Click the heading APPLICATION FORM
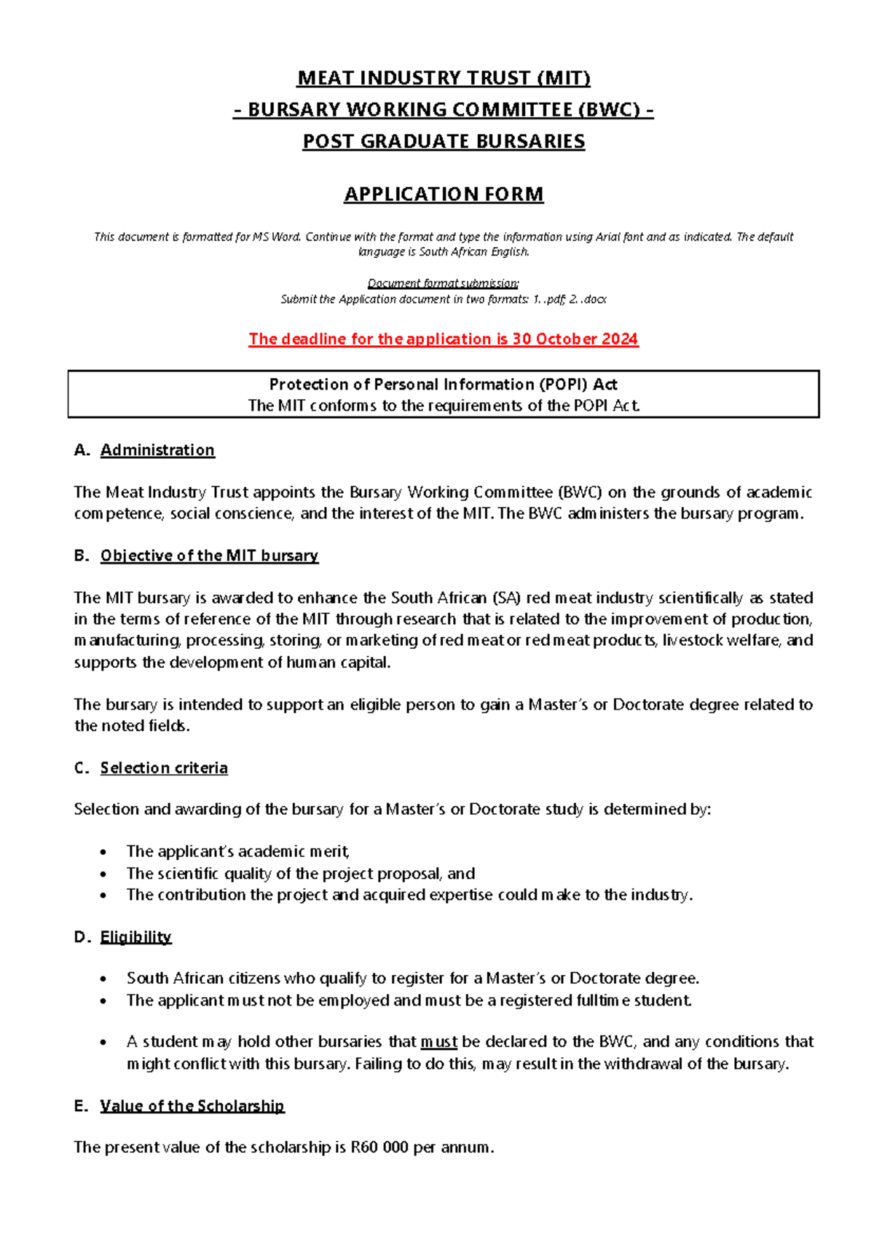click(444, 194)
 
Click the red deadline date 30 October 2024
click(575, 339)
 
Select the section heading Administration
click(157, 450)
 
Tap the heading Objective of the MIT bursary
click(209, 556)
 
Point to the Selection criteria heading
click(164, 768)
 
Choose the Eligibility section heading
click(135, 937)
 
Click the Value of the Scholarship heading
click(192, 1106)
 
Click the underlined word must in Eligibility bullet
click(438, 1042)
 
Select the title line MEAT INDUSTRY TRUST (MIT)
click(444, 78)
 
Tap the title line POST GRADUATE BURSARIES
click(444, 141)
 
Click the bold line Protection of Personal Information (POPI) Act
click(443, 384)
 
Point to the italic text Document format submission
click(443, 283)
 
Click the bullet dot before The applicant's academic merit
click(104, 852)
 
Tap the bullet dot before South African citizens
click(104, 979)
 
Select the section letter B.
click(81, 556)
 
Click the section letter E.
click(80, 1106)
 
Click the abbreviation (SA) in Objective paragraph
click(506, 599)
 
